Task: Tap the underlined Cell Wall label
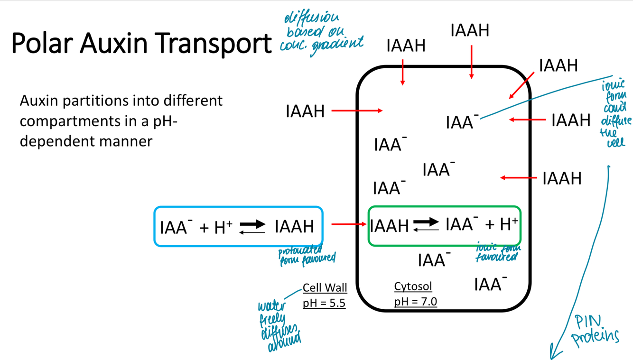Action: point(325,288)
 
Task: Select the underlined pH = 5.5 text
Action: point(324,303)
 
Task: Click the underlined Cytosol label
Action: point(413,286)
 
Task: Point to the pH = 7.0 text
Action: point(415,301)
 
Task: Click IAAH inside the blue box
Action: point(294,227)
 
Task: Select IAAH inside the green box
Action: point(389,226)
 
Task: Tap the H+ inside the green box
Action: point(508,224)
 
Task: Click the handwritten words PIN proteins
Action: point(596,330)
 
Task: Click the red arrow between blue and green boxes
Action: point(349,224)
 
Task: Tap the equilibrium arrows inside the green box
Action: point(426,224)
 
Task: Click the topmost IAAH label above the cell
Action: point(470,31)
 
